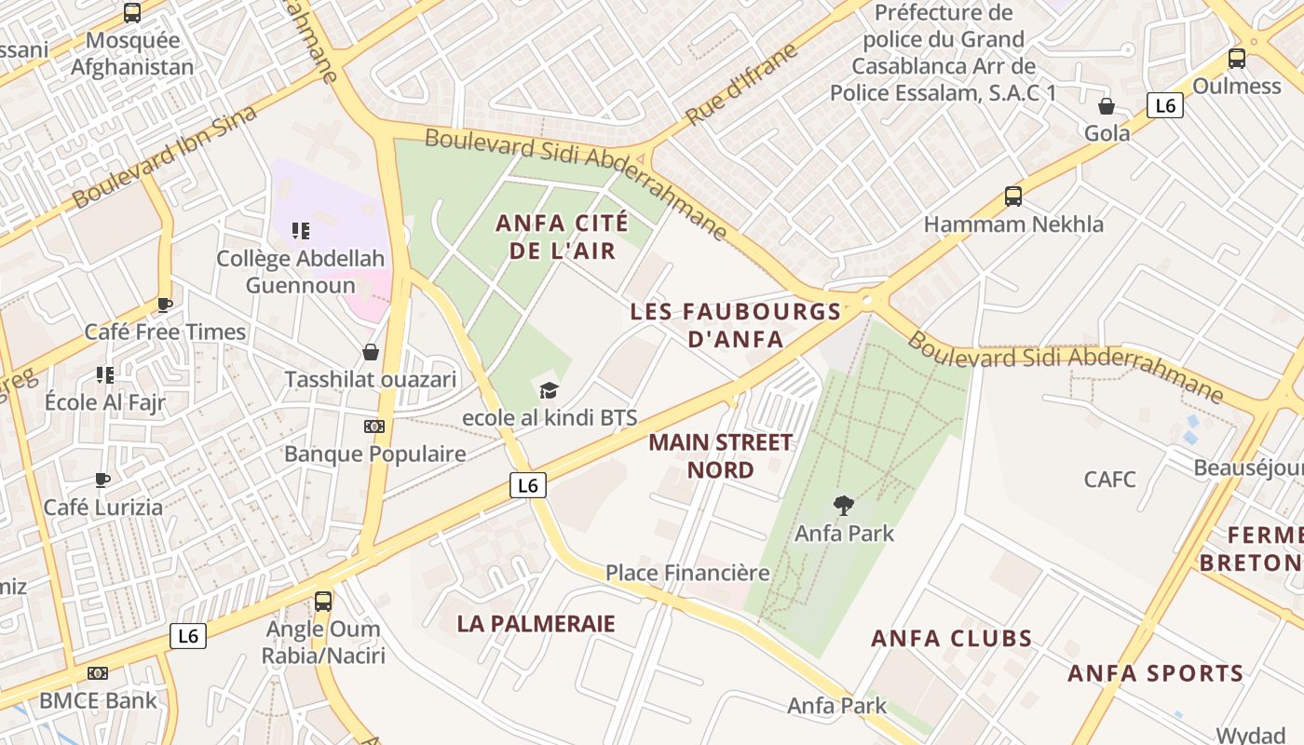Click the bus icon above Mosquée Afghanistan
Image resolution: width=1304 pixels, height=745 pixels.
point(132,13)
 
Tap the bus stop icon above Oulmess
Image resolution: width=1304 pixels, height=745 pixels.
point(1237,58)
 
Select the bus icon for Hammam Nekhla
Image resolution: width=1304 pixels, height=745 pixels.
point(1013,196)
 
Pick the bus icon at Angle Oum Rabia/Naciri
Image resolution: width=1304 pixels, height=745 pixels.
point(323,601)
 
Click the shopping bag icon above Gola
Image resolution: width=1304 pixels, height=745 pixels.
point(1107,105)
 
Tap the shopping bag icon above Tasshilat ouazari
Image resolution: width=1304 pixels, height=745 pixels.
point(371,352)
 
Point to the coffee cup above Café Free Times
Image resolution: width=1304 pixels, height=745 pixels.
point(165,305)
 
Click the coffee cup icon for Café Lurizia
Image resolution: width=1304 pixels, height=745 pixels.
point(102,481)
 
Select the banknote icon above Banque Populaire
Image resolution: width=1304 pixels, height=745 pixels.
point(374,427)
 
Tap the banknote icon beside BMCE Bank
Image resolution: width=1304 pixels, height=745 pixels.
point(98,673)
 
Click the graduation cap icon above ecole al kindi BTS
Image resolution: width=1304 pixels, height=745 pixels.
point(549,390)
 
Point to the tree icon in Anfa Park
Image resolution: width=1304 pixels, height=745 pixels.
point(844,506)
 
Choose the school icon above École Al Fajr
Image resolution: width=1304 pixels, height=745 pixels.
point(105,375)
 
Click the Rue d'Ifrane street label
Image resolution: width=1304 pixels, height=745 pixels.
point(741,84)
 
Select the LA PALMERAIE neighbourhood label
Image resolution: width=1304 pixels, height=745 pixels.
point(537,624)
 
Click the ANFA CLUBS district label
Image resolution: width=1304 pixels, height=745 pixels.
point(952,639)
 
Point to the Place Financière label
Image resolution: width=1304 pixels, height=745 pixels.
point(687,573)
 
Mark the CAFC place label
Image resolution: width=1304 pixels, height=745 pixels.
point(1110,480)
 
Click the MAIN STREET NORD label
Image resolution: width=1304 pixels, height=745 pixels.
point(721,455)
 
